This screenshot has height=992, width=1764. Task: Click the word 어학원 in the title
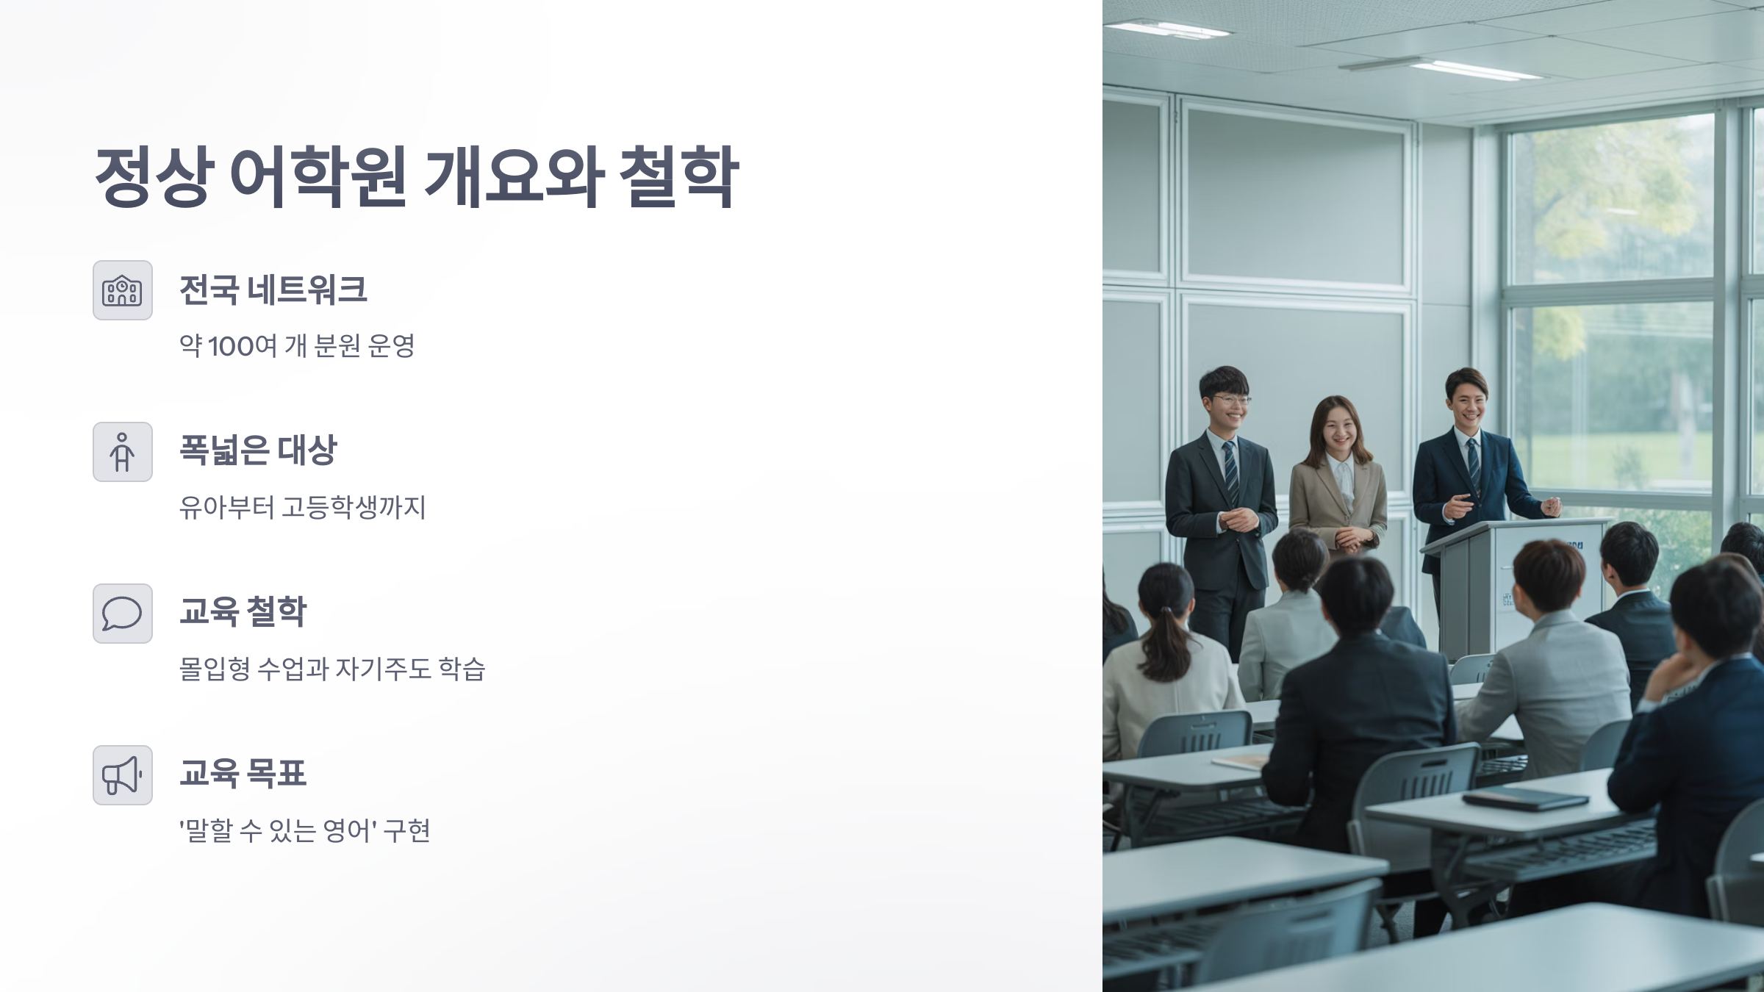click(x=318, y=176)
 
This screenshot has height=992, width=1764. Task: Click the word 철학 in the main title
click(x=678, y=176)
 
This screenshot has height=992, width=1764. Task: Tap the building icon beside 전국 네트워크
click(x=123, y=290)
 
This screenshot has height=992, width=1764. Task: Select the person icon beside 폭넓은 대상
click(x=123, y=452)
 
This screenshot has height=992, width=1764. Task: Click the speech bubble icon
click(x=123, y=614)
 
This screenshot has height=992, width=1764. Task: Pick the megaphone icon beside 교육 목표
click(x=123, y=775)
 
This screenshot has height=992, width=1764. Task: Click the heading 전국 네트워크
click(x=273, y=290)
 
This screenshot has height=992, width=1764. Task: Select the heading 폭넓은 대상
click(x=258, y=450)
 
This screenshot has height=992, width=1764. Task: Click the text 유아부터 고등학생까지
click(x=302, y=508)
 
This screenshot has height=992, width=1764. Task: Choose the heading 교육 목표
click(x=243, y=773)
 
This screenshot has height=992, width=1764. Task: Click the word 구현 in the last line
click(x=406, y=831)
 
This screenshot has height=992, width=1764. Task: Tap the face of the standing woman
click(x=1338, y=431)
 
